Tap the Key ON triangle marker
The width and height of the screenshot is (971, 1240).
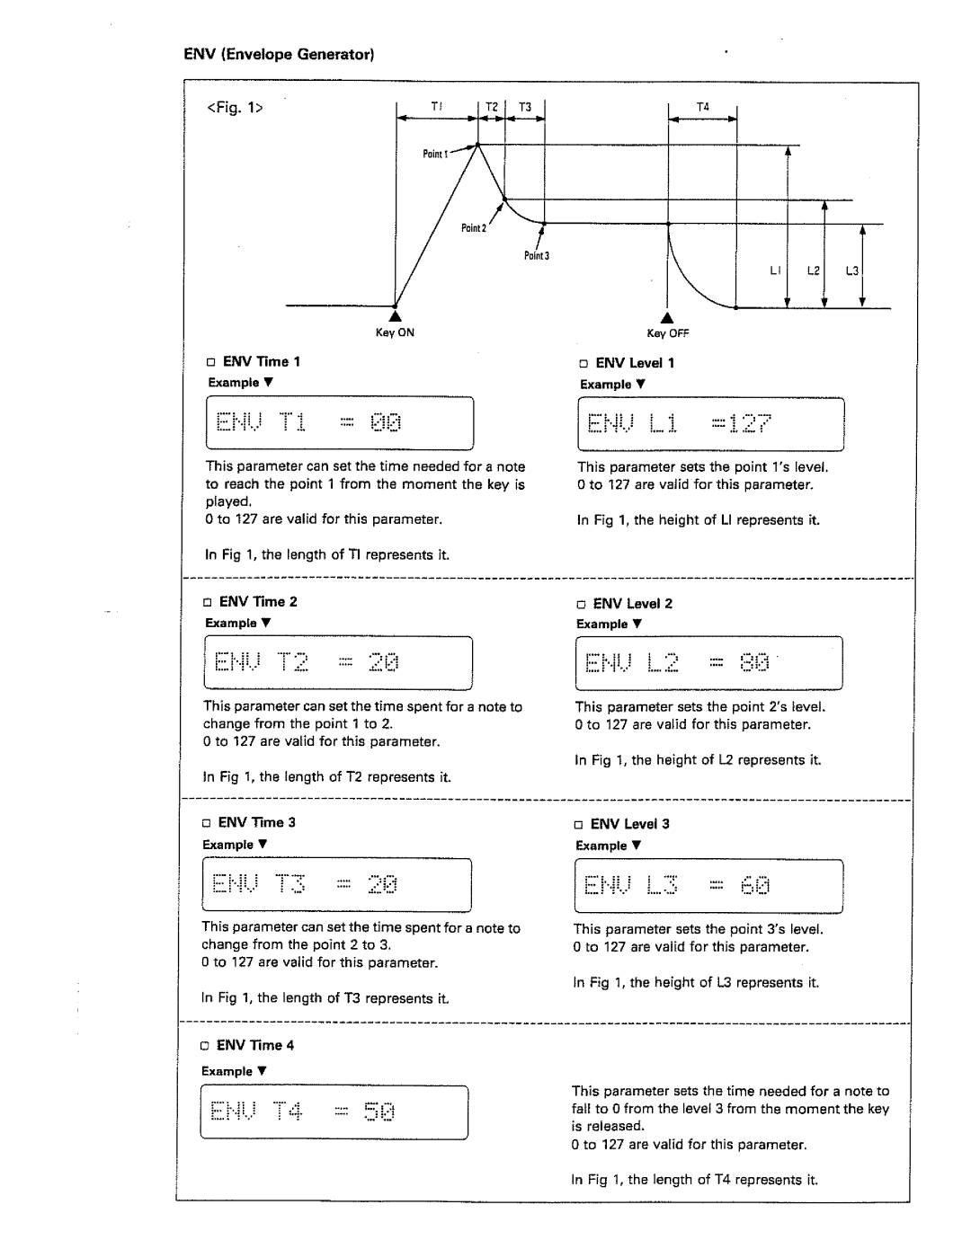[395, 316]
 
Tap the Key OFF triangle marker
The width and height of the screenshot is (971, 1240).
[667, 317]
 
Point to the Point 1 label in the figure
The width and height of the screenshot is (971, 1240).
[434, 154]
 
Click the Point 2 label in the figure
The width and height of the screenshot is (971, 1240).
[473, 228]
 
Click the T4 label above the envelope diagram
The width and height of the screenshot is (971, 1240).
[703, 107]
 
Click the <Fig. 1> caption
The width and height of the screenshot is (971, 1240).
[236, 108]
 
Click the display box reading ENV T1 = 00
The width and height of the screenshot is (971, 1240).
[340, 423]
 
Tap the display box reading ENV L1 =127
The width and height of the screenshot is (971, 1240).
[710, 424]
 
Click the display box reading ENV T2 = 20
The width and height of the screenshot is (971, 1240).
[338, 663]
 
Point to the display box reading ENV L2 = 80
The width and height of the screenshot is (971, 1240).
[708, 663]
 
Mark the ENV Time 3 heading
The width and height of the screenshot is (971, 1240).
[256, 822]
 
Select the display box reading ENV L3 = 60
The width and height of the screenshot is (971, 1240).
[708, 886]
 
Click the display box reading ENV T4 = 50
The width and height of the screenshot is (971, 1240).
[334, 1112]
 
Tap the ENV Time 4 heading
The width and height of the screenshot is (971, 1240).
[254, 1045]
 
